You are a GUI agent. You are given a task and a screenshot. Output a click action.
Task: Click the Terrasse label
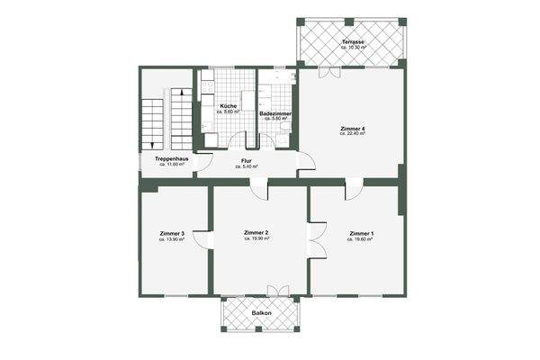pyautogui.click(x=352, y=42)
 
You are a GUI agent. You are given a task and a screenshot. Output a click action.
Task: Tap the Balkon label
pyautogui.click(x=260, y=314)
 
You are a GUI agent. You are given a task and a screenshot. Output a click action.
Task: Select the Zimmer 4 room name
pyautogui.click(x=352, y=130)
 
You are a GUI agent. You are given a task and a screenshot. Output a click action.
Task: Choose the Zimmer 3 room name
pyautogui.click(x=171, y=234)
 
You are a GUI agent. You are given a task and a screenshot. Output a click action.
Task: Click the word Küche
pyautogui.click(x=228, y=106)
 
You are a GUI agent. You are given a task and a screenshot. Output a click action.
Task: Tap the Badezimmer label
pyautogui.click(x=274, y=113)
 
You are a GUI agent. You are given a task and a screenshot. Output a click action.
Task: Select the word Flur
pyautogui.click(x=246, y=161)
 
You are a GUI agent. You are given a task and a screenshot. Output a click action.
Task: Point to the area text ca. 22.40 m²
pyautogui.click(x=352, y=136)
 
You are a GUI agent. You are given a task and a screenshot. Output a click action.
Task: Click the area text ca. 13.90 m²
pyautogui.click(x=171, y=240)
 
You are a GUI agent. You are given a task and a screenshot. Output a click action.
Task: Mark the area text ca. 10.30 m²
pyautogui.click(x=352, y=49)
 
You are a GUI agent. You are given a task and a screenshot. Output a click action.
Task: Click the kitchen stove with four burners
pyautogui.click(x=205, y=87)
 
